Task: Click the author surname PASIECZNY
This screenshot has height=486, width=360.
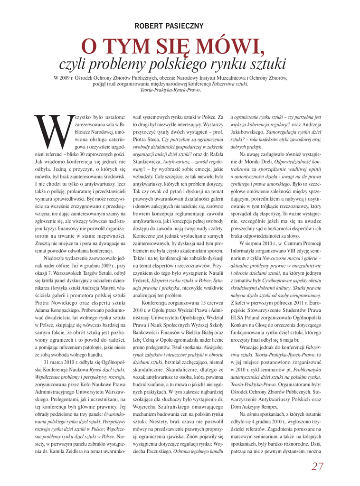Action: click(x=197, y=25)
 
